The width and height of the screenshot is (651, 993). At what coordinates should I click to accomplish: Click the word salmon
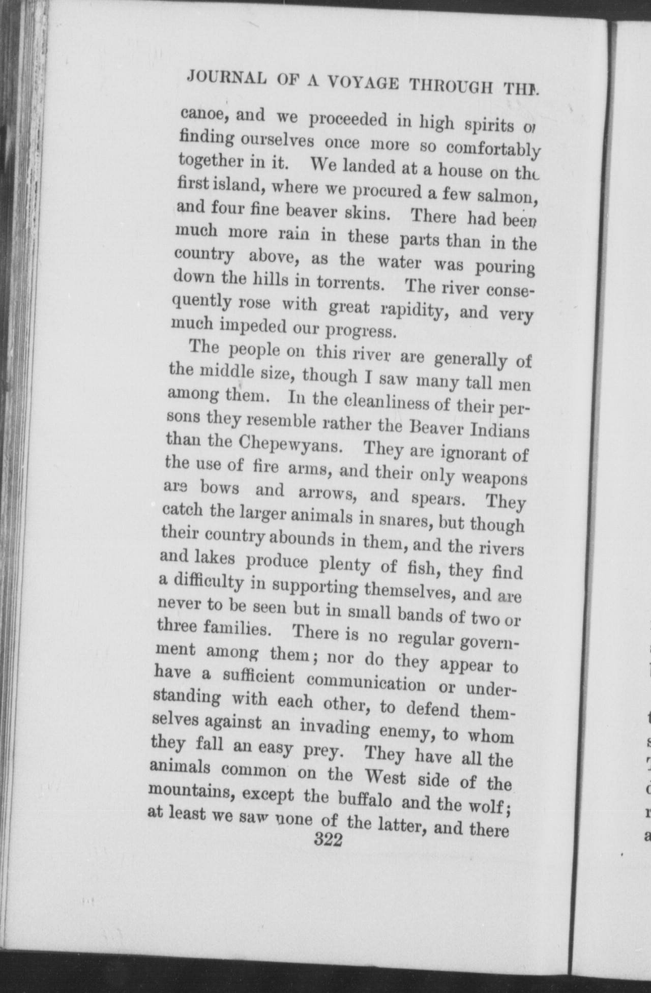(x=504, y=196)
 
